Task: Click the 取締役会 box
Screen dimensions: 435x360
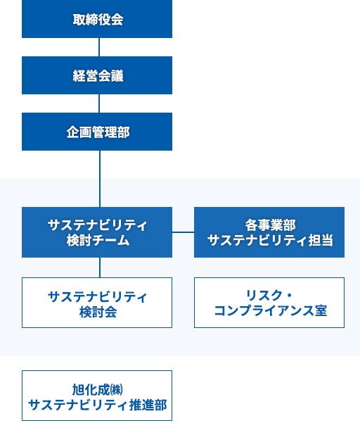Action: (97, 20)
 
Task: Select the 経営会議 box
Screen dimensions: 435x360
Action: (97, 75)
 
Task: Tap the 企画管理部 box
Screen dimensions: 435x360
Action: (97, 132)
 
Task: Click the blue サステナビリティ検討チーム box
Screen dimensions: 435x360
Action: (97, 232)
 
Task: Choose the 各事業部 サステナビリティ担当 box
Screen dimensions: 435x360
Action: (269, 232)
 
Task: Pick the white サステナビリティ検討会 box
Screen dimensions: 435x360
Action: (97, 303)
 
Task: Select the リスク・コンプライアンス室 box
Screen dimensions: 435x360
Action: (269, 303)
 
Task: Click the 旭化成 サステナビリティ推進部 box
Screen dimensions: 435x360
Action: (97, 396)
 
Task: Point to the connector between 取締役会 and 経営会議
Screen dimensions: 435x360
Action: (98, 47)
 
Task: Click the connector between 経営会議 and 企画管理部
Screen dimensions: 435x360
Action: (98, 103)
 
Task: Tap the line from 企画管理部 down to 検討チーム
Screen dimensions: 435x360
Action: (99, 179)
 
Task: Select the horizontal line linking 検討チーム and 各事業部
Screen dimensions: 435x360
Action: (183, 232)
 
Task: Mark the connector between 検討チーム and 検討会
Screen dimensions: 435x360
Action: (99, 267)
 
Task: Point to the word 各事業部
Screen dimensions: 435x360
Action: (270, 225)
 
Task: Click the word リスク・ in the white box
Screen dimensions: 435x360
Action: (270, 295)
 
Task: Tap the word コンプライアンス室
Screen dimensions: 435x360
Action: (270, 310)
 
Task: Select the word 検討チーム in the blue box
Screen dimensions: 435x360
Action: (97, 241)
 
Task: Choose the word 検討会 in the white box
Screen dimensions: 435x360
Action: (97, 311)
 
